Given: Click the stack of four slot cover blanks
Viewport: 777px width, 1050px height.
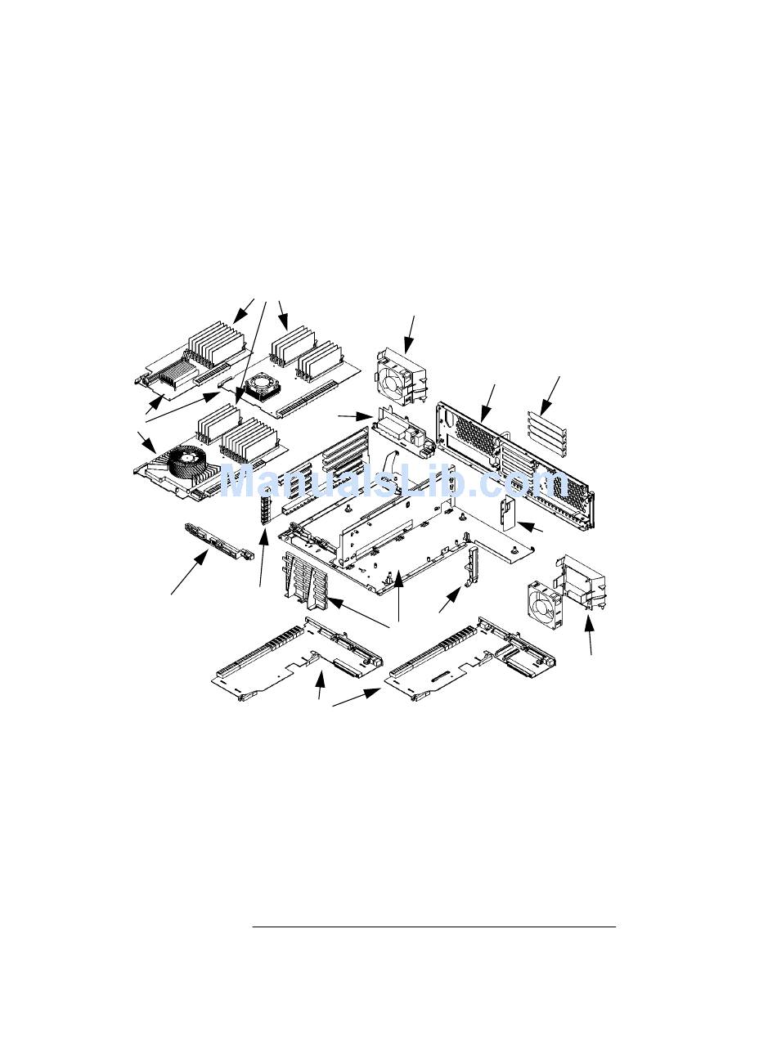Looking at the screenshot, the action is click(x=547, y=433).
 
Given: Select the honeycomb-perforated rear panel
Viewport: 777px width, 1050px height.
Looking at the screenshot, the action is click(x=515, y=464).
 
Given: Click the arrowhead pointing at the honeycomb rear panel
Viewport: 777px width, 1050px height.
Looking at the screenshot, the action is click(x=484, y=414).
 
